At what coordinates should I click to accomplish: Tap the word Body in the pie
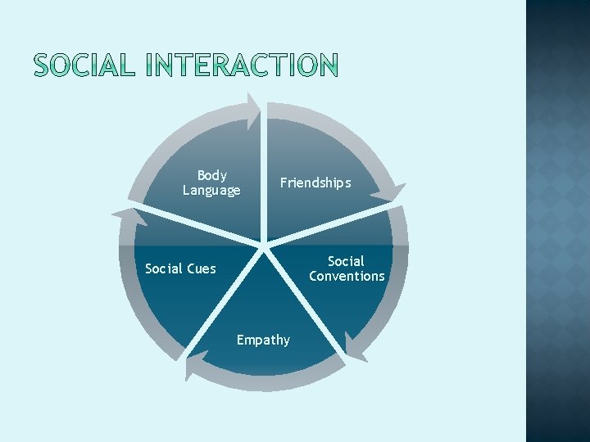coord(211,175)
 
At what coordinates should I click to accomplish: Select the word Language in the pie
coord(211,191)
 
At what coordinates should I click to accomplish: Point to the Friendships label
coord(315,183)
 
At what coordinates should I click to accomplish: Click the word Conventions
coord(347,277)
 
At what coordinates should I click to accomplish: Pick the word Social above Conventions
coord(346,261)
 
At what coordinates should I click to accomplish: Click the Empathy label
coord(263,340)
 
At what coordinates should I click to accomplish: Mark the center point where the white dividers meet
coord(264,244)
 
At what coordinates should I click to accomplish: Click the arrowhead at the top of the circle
coord(253,103)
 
